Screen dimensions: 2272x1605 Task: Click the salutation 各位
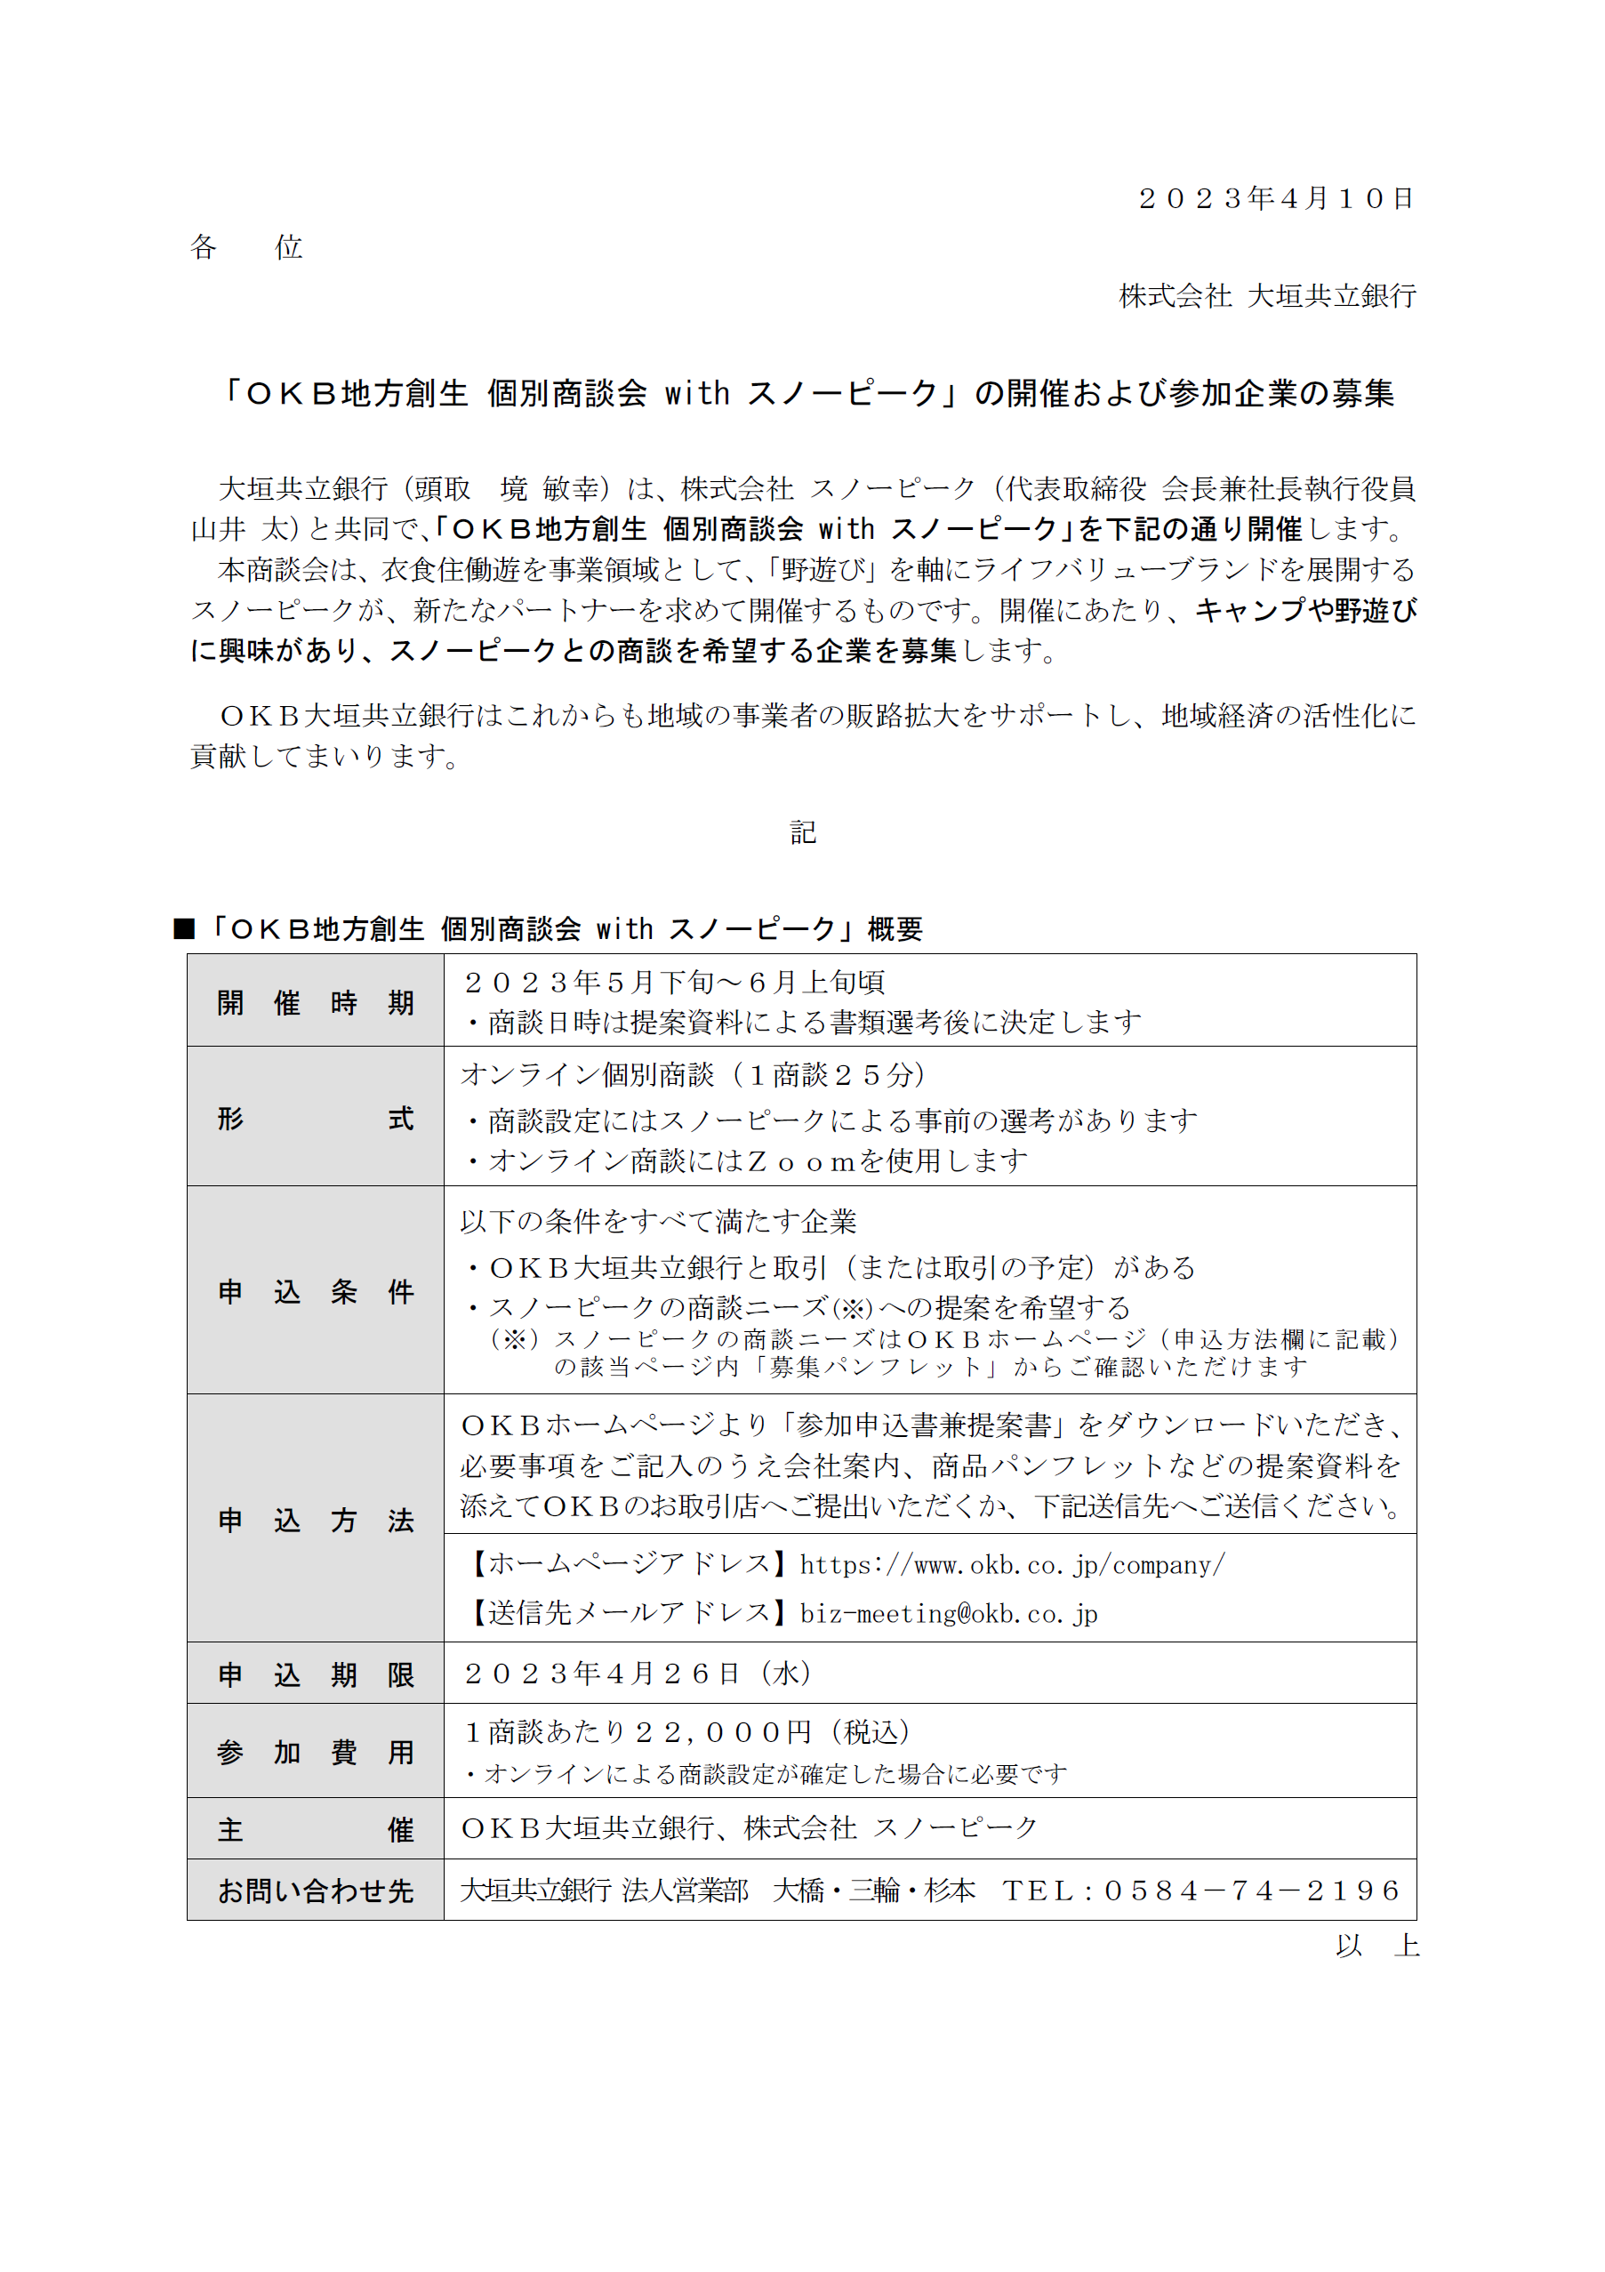245,246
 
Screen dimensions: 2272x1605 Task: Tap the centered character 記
802,832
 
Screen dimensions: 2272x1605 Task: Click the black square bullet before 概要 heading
184,928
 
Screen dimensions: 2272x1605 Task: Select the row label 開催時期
315,1002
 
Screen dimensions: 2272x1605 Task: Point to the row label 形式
315,1118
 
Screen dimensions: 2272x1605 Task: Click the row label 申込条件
315,1291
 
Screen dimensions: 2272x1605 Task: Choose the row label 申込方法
315,1520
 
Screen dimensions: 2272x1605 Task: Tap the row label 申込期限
315,1674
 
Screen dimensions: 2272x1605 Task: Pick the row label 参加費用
315,1752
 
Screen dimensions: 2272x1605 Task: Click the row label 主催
315,1830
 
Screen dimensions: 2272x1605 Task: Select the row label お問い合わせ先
315,1891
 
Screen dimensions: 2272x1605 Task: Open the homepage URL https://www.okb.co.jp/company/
1011,1564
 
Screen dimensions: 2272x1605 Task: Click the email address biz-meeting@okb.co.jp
948,1614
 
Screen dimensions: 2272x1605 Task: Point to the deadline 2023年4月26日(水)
638,1674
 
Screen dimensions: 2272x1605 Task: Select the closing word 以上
1376,1946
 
